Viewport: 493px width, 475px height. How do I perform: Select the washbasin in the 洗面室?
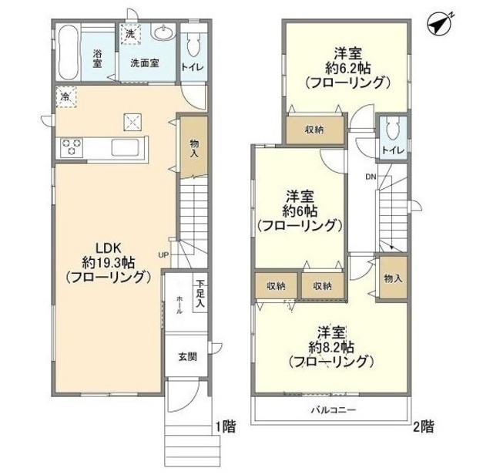163,34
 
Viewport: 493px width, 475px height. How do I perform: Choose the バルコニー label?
333,409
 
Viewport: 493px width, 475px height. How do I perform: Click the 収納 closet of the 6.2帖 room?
313,130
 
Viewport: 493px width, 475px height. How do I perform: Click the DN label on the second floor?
371,177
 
